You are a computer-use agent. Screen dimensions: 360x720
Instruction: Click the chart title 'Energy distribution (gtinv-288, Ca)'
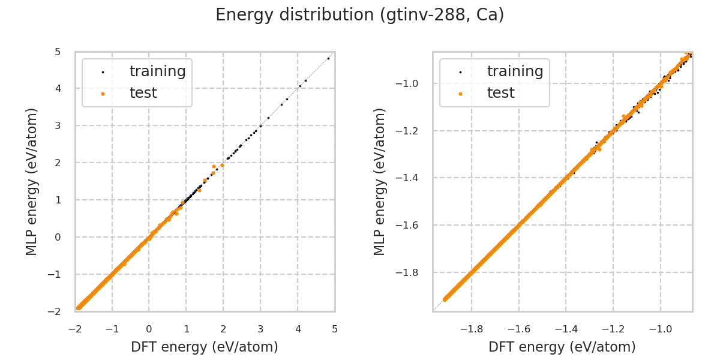(x=359, y=15)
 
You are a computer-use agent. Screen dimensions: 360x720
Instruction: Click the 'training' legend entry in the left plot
(x=157, y=71)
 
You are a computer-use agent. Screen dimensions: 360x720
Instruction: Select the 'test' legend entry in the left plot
(x=143, y=93)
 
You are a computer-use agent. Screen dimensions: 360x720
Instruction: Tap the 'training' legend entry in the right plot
(x=515, y=71)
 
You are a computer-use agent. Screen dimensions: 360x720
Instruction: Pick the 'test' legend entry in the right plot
(x=500, y=93)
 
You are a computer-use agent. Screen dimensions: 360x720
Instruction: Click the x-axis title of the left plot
(x=205, y=347)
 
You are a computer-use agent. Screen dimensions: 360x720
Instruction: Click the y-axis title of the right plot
(x=380, y=181)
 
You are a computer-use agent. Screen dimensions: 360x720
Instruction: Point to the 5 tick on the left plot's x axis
(x=335, y=329)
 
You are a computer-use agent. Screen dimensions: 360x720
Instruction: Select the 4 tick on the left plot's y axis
(x=58, y=88)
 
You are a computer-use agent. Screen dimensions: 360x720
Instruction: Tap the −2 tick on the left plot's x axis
(x=75, y=329)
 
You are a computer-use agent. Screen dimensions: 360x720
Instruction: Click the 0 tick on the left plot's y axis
(x=58, y=237)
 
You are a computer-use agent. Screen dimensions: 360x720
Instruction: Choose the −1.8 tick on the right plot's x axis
(x=472, y=329)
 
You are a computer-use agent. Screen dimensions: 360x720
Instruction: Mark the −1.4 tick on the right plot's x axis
(x=566, y=329)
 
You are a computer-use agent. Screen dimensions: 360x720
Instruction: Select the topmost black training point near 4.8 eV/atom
(x=328, y=58)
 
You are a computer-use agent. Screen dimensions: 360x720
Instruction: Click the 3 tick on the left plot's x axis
(x=260, y=329)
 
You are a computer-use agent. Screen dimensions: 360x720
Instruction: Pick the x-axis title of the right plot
(x=562, y=347)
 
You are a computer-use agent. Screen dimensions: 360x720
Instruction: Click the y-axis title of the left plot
(x=32, y=181)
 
